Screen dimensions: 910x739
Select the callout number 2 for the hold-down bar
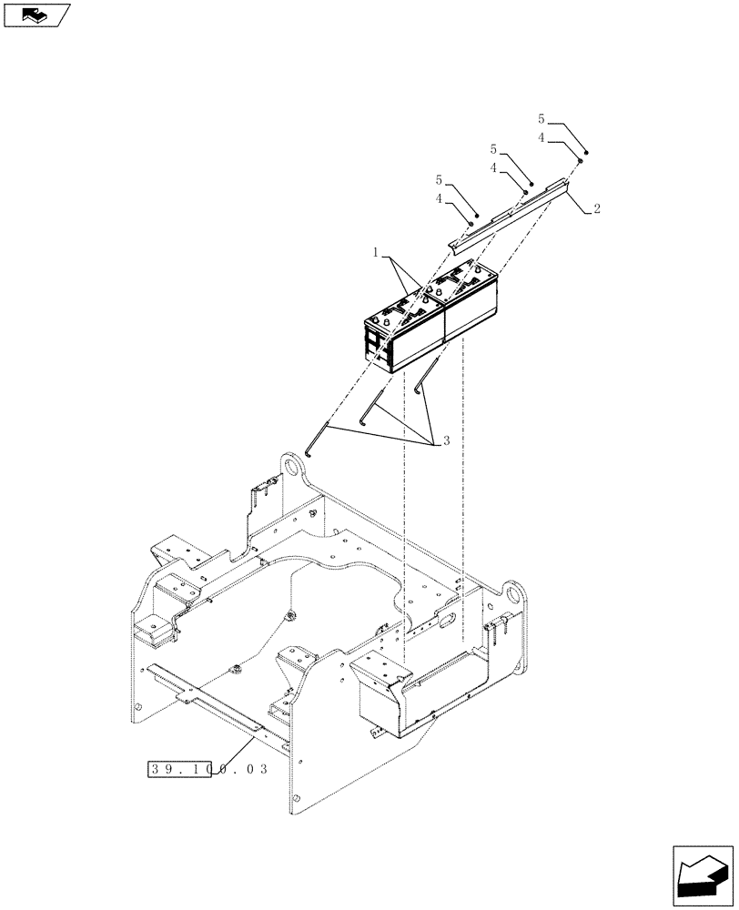tap(595, 209)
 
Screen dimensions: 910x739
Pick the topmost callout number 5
tap(542, 119)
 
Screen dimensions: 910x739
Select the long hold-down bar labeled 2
tap(510, 214)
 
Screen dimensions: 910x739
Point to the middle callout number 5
tap(494, 147)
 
